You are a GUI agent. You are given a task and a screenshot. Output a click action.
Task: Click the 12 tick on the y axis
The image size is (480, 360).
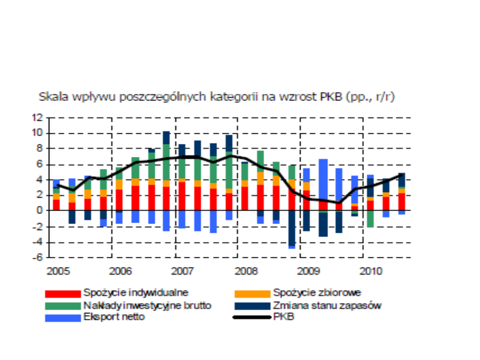pyautogui.click(x=37, y=118)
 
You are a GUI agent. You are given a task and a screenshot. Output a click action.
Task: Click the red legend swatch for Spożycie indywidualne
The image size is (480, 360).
pyautogui.click(x=63, y=294)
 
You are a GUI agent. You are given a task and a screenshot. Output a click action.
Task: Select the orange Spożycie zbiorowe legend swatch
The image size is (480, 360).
pyautogui.click(x=252, y=294)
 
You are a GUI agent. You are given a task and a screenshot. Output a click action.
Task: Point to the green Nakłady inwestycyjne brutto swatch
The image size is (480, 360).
pyautogui.click(x=63, y=306)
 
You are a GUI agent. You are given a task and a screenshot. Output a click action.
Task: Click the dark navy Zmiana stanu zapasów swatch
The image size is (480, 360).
pyautogui.click(x=252, y=306)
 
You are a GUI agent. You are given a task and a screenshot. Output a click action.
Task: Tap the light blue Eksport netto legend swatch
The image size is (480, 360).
pyautogui.click(x=63, y=318)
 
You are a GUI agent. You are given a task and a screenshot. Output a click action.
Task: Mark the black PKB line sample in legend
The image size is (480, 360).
pyautogui.click(x=252, y=317)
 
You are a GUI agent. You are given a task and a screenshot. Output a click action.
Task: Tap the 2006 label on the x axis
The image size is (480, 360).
pyautogui.click(x=120, y=271)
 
